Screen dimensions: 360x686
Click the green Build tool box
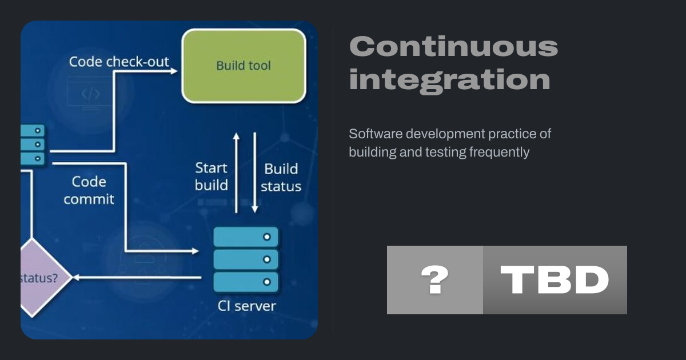244,66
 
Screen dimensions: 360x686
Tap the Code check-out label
119,62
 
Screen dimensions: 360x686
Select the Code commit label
89,190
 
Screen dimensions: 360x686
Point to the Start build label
211,177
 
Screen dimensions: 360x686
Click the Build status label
281,177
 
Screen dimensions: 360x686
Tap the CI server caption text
246,306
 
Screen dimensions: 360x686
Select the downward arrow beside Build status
255,171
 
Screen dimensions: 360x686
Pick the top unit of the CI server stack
246,237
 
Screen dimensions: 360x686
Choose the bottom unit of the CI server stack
246,282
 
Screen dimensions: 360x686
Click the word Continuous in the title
453,46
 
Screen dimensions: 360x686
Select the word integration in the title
449,79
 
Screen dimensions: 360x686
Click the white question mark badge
434,280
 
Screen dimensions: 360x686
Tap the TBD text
555,280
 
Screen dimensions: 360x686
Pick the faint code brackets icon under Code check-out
91,94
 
